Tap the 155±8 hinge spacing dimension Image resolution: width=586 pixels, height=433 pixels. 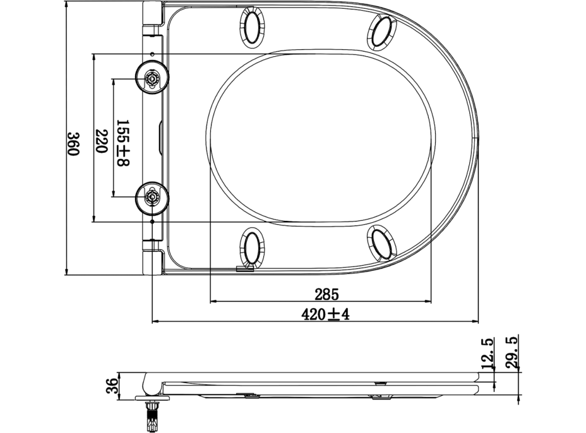pos(122,143)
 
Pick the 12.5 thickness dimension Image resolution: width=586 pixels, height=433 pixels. pos(487,353)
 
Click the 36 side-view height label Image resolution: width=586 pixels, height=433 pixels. pos(111,384)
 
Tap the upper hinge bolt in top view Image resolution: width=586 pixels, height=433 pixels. pos(152,78)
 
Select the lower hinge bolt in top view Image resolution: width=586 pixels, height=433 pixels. pos(152,197)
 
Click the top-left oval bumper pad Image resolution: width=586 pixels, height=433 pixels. pos(252,28)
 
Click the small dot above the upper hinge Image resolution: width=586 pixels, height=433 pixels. pos(153,54)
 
